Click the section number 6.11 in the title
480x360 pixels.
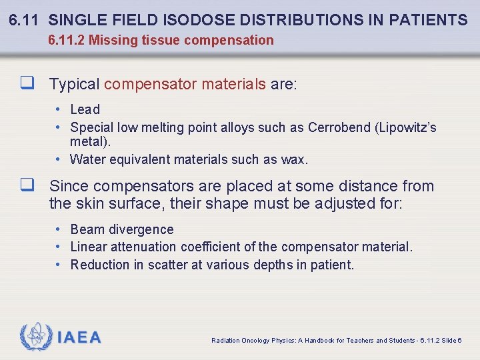pyautogui.click(x=25, y=20)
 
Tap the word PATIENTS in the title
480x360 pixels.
pyautogui.click(x=431, y=20)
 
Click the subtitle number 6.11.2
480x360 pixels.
pyautogui.click(x=66, y=40)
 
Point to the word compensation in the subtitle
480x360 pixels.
pyautogui.click(x=229, y=40)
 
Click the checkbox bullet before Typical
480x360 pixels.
pyautogui.click(x=27, y=85)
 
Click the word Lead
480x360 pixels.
pyautogui.click(x=85, y=109)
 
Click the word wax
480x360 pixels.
pyautogui.click(x=295, y=159)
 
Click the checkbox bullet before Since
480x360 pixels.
pyautogui.click(x=27, y=186)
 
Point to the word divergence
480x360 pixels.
pyautogui.click(x=141, y=229)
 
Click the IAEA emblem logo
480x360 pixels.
pyautogui.click(x=35, y=337)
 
